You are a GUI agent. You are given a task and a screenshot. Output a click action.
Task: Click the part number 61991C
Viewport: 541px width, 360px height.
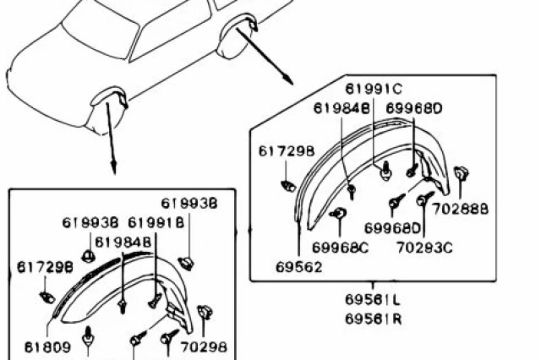pos(374,89)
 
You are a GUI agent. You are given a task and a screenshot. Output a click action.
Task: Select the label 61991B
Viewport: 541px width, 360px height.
pos(156,222)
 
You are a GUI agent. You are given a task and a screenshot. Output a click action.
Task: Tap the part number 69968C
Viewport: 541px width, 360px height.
pos(340,248)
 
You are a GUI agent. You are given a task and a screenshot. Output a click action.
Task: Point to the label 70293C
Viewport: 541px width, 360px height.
pos(424,248)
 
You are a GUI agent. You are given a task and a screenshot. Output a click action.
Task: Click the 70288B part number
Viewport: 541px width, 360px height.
pos(461,209)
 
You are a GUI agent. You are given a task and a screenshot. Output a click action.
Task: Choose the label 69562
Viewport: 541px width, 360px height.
pos(298,267)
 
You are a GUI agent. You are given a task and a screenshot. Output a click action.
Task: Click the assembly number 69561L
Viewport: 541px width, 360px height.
pos(373,300)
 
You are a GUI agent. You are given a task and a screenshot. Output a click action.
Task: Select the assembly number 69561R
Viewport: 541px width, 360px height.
pos(374,319)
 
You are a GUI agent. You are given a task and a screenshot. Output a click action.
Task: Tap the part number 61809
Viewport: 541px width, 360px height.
pos(47,346)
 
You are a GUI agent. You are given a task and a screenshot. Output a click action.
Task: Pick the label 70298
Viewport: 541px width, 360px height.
pos(204,346)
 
